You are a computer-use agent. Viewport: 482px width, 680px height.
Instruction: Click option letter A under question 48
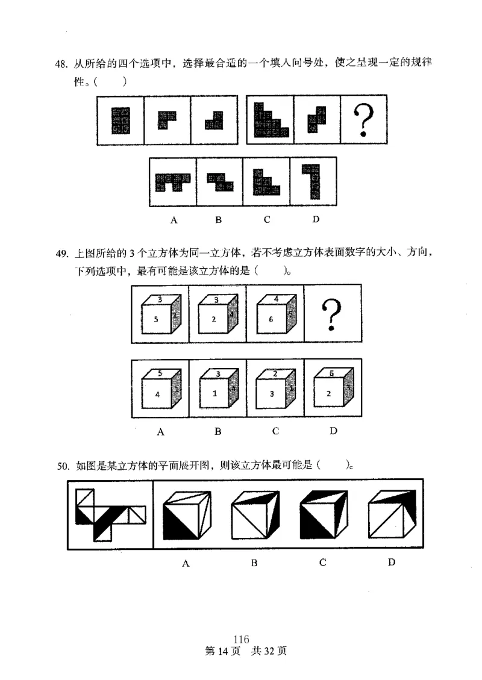[174, 220]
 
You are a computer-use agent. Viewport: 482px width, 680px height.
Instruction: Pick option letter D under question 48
[315, 219]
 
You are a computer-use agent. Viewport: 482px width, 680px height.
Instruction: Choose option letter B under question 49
[218, 431]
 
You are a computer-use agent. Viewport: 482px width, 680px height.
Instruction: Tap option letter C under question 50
[323, 563]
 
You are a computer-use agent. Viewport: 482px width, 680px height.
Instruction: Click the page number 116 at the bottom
[241, 640]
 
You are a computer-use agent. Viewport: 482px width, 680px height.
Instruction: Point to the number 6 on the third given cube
[271, 320]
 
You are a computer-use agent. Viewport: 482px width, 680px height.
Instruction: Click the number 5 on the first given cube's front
[156, 320]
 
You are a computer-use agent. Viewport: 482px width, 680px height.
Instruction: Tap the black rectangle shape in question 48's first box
[120, 120]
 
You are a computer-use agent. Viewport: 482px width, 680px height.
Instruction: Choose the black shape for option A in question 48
[173, 182]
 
